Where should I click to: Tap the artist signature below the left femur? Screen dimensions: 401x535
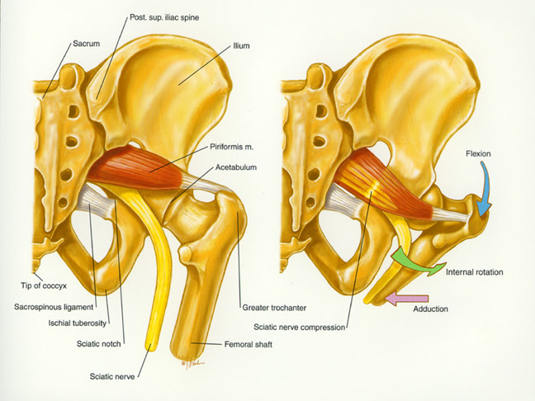pos(192,361)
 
